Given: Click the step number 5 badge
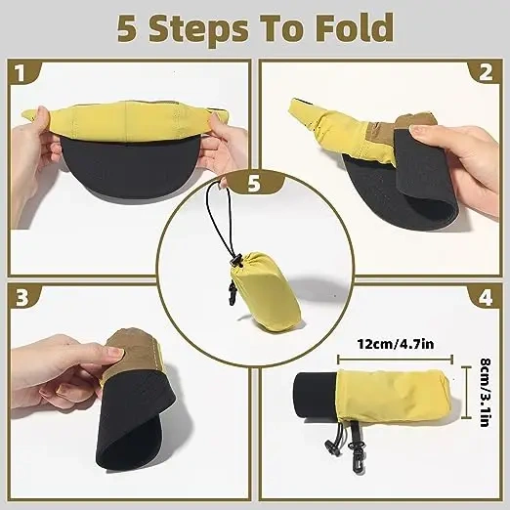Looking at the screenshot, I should click(x=255, y=183).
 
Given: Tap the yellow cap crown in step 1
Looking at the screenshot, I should click(x=127, y=121).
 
